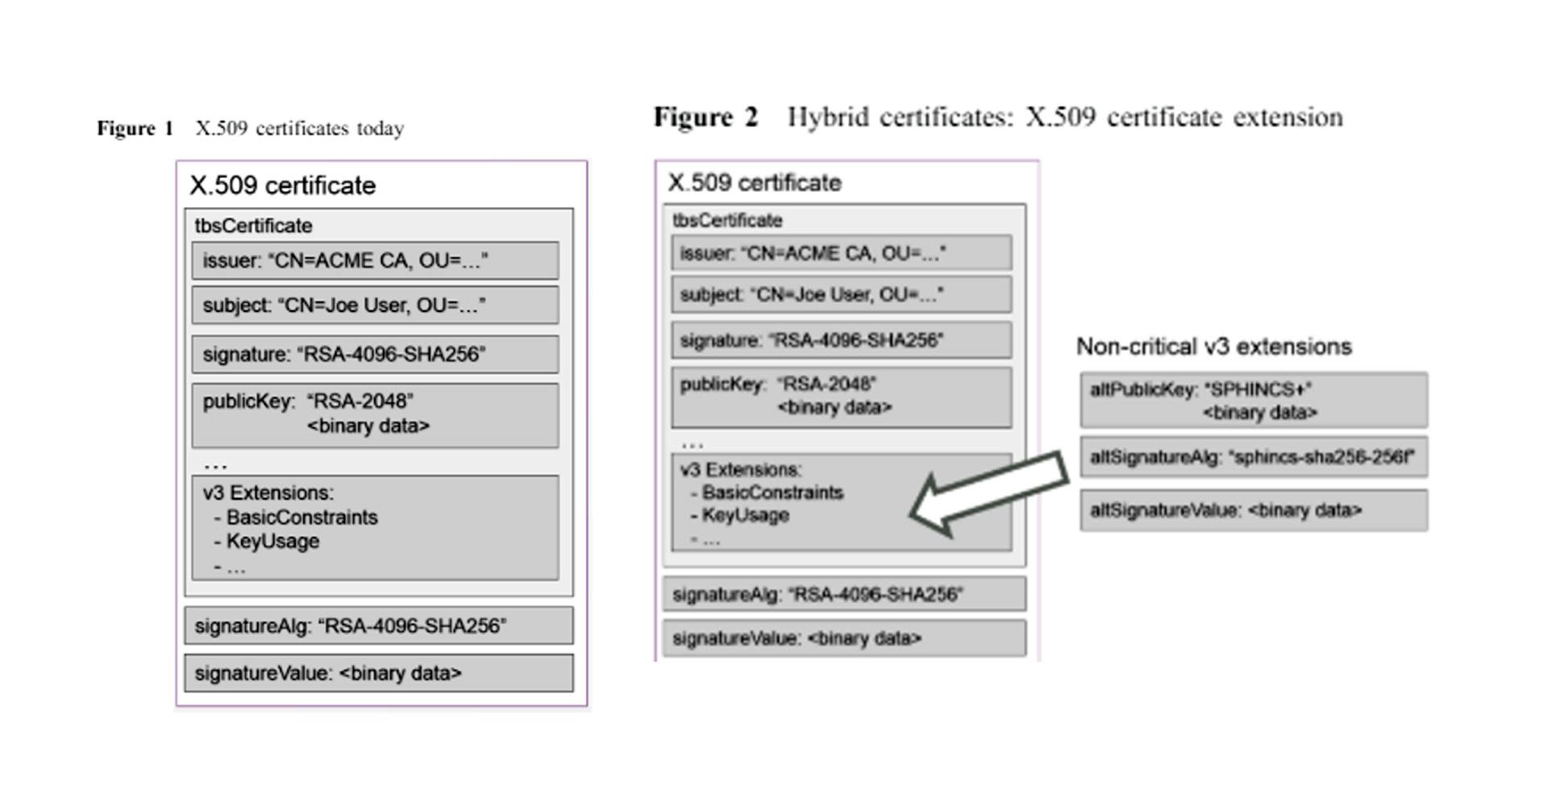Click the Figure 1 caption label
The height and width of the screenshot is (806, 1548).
pos(135,129)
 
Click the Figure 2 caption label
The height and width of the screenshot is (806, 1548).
pos(705,118)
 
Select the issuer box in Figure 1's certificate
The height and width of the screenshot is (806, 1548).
pos(375,261)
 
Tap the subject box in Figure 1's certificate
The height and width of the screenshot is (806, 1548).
pos(375,305)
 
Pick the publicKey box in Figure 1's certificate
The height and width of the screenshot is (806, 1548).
pos(375,414)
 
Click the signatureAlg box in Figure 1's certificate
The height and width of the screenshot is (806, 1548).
pos(378,625)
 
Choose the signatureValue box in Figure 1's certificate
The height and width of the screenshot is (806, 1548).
pos(378,673)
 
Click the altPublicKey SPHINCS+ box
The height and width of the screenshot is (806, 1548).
pos(1254,400)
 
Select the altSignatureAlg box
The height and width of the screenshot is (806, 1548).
pos(1254,457)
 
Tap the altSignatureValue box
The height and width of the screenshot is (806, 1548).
pos(1254,510)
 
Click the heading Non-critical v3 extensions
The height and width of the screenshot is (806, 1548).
pos(1213,347)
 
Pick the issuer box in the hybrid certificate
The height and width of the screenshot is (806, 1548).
pos(841,253)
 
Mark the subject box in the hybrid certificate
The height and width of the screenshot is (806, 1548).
pos(841,295)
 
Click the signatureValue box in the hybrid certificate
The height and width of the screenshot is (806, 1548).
pos(844,638)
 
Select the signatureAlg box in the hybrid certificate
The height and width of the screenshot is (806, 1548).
pos(844,595)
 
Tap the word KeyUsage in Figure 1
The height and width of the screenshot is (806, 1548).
pos(273,542)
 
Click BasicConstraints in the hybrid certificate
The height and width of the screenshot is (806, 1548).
pos(772,492)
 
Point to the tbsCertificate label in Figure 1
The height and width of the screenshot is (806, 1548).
pos(253,226)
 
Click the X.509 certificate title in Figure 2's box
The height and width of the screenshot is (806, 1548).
pos(755,183)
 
